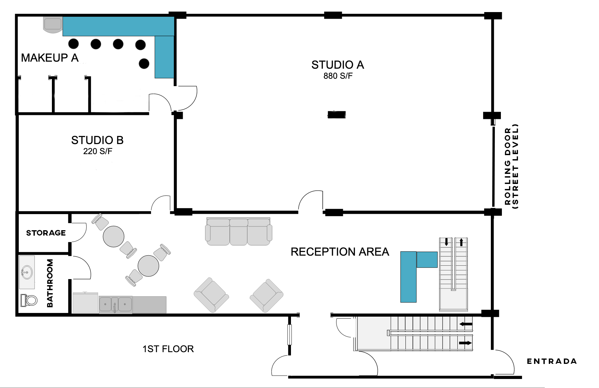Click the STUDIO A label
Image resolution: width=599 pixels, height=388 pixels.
tap(338, 65)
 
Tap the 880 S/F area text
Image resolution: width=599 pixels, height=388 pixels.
tap(338, 76)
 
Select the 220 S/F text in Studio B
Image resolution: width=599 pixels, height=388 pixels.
tap(97, 151)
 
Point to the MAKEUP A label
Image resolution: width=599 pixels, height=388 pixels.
tap(50, 58)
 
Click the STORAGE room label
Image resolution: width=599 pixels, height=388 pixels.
tap(46, 233)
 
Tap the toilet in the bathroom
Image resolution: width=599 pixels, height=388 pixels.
tap(29, 300)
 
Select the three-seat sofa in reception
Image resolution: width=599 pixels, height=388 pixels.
tap(238, 232)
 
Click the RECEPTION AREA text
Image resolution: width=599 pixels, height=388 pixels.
tap(340, 252)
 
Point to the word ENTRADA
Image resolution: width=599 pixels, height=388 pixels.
tap(552, 361)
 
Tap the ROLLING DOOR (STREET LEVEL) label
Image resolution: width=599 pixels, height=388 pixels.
tap(512, 167)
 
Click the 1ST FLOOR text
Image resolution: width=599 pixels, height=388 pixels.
tap(168, 349)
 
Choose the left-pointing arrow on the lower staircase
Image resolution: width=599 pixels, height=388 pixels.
tap(466, 324)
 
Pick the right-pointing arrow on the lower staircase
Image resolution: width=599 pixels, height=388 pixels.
tap(465, 343)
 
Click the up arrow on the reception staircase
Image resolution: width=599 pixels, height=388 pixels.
tap(461, 242)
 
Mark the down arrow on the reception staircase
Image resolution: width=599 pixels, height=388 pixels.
tap(446, 242)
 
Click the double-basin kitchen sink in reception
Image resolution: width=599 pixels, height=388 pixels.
tap(116, 305)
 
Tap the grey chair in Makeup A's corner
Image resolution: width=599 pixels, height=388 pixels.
tap(53, 25)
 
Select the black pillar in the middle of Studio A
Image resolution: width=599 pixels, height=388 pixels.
tap(336, 115)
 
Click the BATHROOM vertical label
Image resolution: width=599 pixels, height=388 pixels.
tap(50, 283)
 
